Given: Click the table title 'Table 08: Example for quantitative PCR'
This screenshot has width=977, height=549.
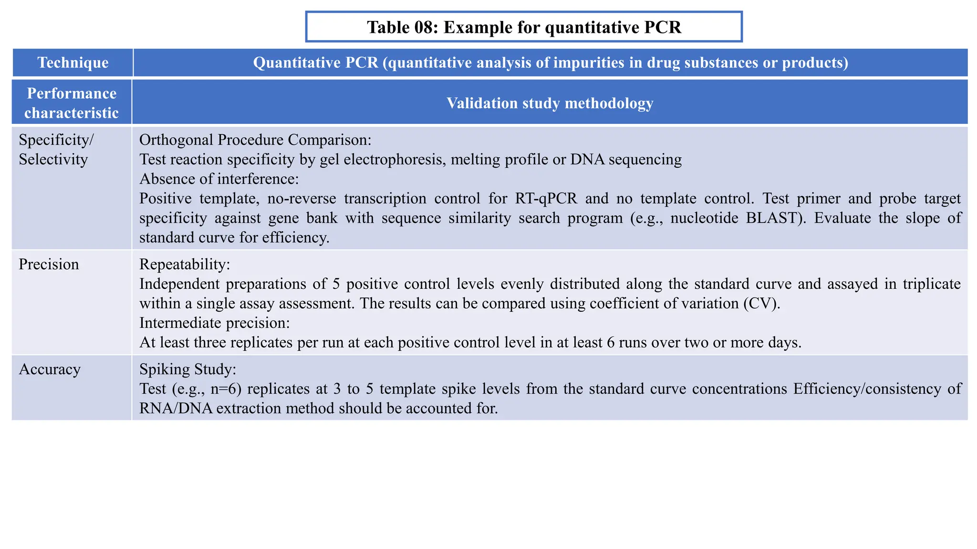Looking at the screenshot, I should [524, 27].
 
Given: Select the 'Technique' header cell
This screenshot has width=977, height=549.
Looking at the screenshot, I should [73, 62].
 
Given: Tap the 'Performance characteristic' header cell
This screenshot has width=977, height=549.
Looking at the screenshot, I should [72, 103].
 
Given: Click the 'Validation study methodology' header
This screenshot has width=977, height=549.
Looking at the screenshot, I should [550, 103].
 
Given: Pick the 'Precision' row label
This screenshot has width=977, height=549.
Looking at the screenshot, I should [49, 264].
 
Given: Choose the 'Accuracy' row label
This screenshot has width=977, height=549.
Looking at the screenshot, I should [50, 369].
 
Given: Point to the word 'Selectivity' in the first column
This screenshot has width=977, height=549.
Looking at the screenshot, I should [53, 159].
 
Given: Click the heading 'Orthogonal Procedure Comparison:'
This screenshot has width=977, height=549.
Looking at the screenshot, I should [255, 140].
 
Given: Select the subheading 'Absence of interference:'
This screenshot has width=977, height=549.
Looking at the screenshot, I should [219, 179].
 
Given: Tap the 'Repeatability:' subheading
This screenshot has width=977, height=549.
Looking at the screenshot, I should [185, 264].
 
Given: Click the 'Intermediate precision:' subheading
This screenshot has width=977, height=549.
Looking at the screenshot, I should [215, 323].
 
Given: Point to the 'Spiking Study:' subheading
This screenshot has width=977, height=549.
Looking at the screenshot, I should [187, 369].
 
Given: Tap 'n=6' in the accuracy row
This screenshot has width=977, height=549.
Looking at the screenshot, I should [226, 389].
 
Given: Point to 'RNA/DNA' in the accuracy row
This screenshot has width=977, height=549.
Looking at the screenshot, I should [176, 408].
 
